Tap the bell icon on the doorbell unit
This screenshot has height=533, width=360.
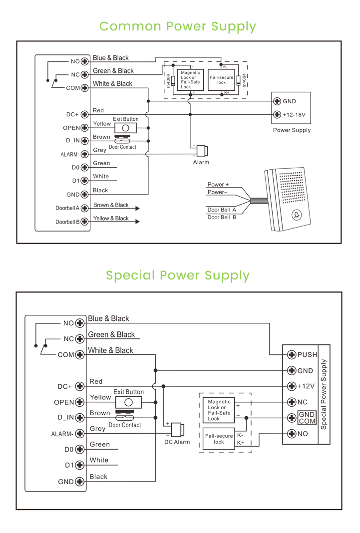[297, 215]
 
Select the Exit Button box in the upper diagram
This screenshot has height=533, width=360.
[125, 128]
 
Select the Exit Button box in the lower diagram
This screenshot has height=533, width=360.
[128, 402]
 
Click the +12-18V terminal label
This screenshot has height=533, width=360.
[294, 115]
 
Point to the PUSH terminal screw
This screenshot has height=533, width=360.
[292, 355]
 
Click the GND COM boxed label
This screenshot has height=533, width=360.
[307, 418]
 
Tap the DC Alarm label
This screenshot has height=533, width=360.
[177, 442]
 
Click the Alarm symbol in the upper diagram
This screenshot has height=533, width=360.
[202, 151]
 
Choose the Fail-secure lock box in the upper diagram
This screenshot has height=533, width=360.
[221, 80]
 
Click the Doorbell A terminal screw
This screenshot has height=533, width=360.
[84, 208]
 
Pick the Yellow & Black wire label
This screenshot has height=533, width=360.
[111, 218]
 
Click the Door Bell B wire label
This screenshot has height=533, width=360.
[222, 218]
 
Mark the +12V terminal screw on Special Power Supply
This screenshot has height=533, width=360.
[292, 386]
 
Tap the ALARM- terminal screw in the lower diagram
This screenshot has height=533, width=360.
[79, 434]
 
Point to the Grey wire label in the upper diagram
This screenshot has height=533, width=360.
[100, 150]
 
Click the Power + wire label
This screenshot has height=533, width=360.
[218, 185]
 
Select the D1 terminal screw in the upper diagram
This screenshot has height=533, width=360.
[84, 181]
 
